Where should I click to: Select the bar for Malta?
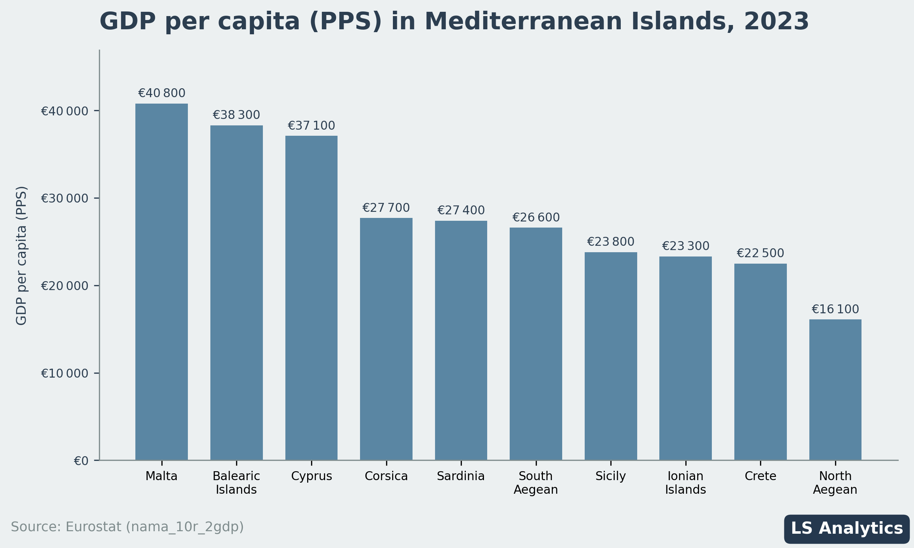(161, 282)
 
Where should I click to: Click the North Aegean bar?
(835, 390)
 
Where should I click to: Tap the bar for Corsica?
(386, 339)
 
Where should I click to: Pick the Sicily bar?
(610, 356)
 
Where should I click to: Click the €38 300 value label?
(236, 115)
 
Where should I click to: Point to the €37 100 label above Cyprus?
(311, 125)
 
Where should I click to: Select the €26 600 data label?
(536, 218)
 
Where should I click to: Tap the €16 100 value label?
(835, 309)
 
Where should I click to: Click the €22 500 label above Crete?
(760, 253)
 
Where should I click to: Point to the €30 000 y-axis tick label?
(65, 198)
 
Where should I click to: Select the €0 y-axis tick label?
(81, 461)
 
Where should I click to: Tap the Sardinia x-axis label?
(461, 476)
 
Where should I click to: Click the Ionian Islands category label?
(685, 483)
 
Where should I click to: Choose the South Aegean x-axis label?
(536, 483)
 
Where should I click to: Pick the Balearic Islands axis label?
(236, 483)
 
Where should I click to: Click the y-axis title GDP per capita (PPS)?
(21, 255)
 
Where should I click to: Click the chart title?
(454, 21)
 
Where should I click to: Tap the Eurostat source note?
(128, 527)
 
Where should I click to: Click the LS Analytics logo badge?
(847, 529)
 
